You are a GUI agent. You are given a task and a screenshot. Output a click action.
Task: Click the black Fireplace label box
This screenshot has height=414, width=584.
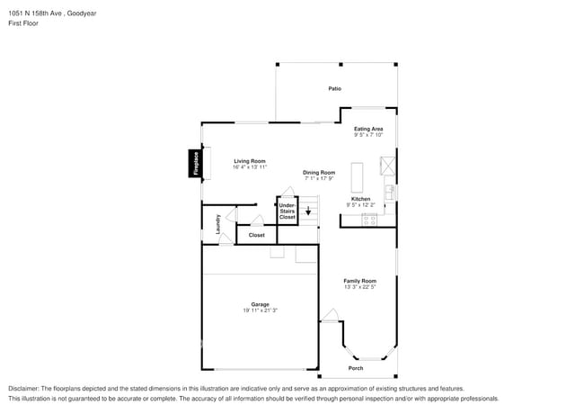point(192,163)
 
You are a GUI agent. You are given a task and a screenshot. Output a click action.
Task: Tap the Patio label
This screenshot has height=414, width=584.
point(334,88)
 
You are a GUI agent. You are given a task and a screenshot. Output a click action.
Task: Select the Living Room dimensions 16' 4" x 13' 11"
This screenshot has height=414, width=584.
point(250,167)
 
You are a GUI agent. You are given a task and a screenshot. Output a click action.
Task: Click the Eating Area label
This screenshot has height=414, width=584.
point(368,129)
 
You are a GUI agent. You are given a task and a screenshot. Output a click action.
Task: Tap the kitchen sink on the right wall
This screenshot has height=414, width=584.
point(391,192)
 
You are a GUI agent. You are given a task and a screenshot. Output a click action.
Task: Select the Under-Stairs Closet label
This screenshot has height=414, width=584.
point(288,211)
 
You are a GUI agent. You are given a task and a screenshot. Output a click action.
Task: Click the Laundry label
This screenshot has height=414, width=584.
point(217,223)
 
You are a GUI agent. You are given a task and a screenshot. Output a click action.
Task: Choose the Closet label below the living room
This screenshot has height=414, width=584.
point(257,235)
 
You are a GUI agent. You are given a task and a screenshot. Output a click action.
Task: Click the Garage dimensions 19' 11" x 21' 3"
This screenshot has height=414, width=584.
point(260,310)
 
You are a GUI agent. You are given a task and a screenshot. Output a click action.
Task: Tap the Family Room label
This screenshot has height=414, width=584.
point(359,281)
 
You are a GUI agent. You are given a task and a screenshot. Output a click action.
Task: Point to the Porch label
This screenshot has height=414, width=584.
point(356,368)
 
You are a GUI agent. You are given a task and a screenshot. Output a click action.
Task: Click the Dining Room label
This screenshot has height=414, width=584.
point(319,172)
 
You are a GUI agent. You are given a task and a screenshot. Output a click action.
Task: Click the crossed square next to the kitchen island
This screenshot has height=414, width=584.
point(387,166)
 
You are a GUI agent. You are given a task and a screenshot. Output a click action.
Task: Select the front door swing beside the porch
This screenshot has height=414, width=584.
point(331,315)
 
